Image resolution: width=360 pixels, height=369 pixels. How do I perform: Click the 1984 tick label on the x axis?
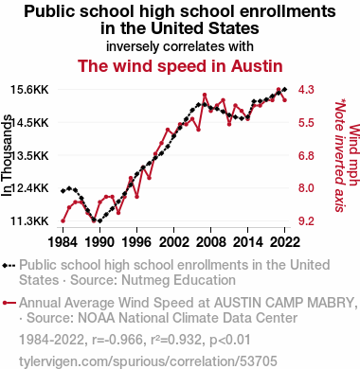coord(63,242)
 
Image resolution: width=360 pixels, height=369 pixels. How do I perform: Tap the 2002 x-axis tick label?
coord(173,242)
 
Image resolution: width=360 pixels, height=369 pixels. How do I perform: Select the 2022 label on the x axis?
coord(284,242)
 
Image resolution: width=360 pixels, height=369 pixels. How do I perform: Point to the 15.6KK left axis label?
coord(29,90)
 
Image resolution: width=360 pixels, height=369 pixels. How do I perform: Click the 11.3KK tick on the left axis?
coord(29,221)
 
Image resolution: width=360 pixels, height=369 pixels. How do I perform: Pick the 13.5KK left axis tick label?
coord(30,155)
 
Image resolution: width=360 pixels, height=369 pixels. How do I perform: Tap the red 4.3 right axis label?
coord(306,90)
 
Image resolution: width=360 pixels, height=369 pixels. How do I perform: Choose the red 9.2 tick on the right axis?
coord(306,221)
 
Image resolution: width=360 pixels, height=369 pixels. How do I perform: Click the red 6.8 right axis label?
coord(306,155)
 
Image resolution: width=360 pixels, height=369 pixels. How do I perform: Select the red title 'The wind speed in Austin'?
coord(180,66)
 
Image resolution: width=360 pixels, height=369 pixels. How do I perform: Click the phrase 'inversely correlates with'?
coord(180,46)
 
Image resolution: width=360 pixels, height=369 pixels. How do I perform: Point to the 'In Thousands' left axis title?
coord(7,155)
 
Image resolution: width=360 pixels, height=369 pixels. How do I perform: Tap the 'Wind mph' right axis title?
coord(354,155)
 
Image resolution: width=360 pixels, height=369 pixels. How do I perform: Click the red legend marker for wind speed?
coord(9,303)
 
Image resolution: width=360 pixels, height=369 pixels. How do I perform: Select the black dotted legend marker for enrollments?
coord(9,266)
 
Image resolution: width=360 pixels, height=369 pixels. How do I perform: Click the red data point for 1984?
coord(63,221)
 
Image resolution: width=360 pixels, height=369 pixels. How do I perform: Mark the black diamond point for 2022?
coord(284,90)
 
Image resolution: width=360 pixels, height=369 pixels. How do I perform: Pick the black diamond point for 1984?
coord(63,191)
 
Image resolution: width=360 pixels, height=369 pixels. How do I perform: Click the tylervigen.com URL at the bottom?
coord(148,361)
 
